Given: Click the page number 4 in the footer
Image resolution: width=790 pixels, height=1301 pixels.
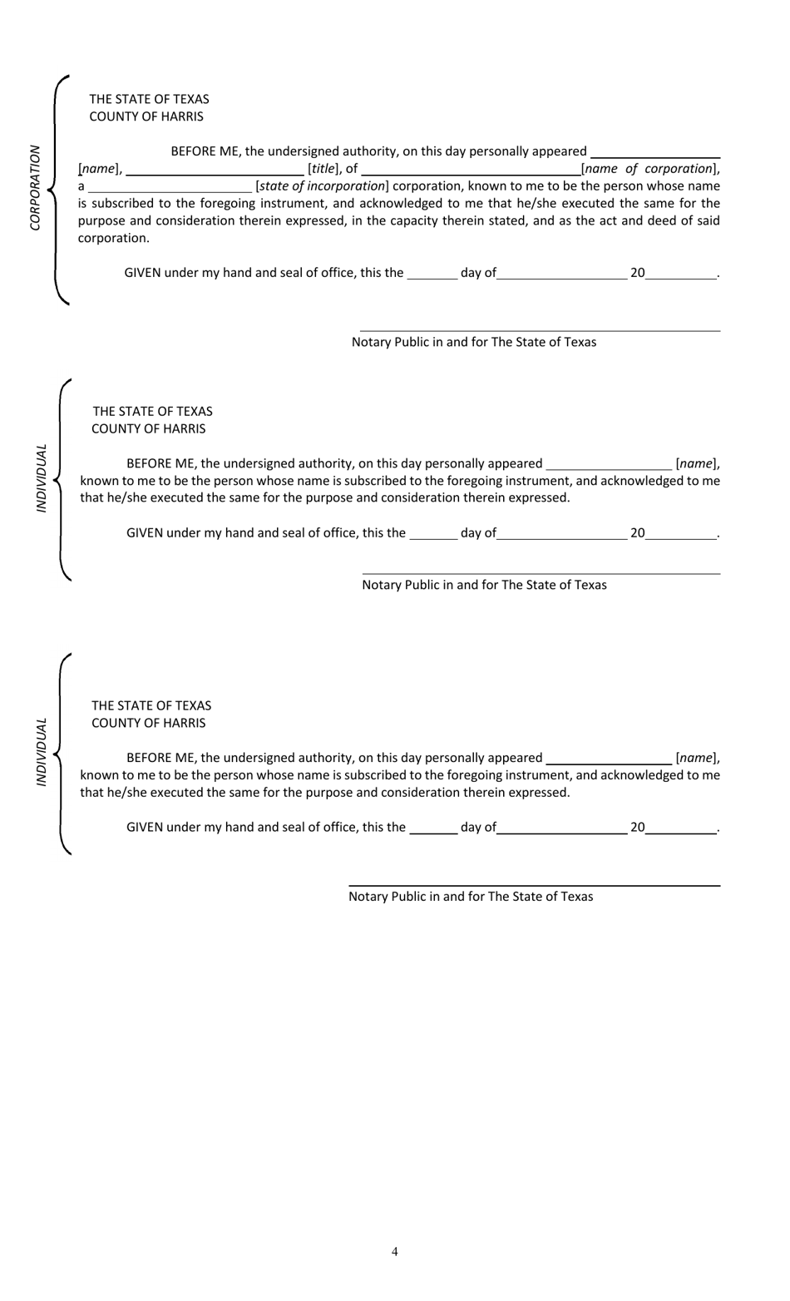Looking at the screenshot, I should (x=394, y=1252).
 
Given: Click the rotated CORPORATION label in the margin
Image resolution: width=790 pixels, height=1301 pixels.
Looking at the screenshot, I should (x=35, y=188).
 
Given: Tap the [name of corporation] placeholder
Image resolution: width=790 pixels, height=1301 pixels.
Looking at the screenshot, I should (x=649, y=169).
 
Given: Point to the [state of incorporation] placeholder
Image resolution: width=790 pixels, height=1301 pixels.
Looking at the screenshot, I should (x=322, y=186).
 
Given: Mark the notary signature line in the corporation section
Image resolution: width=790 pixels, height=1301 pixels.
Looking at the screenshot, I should (x=540, y=330).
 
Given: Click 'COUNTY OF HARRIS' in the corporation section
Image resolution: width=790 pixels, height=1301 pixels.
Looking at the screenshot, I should (x=146, y=116).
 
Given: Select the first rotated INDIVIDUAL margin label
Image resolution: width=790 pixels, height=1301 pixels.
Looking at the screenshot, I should (x=42, y=478).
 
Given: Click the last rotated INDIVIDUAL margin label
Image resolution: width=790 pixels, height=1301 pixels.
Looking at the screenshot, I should (x=42, y=752).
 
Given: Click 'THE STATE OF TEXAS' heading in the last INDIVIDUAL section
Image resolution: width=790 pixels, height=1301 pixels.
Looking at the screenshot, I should (x=151, y=705).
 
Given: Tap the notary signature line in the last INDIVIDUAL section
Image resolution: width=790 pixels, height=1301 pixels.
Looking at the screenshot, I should (x=534, y=885).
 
